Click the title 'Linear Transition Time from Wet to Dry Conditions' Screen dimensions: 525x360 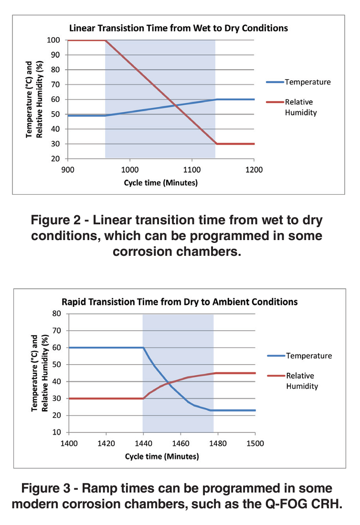[179, 28]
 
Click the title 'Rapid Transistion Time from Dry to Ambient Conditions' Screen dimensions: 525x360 [180, 302]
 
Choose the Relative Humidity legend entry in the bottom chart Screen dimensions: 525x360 [302, 380]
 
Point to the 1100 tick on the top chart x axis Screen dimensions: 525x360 [191, 169]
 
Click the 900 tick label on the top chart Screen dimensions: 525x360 [67, 169]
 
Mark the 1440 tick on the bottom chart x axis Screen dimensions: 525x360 [143, 443]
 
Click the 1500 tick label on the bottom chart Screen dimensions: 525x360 [255, 443]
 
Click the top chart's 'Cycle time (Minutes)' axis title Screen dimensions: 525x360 [160, 183]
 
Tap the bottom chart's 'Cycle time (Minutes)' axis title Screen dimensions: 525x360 [162, 456]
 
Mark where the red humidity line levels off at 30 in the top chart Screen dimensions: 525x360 [216, 144]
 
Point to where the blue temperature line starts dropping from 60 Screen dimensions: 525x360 [143, 347]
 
